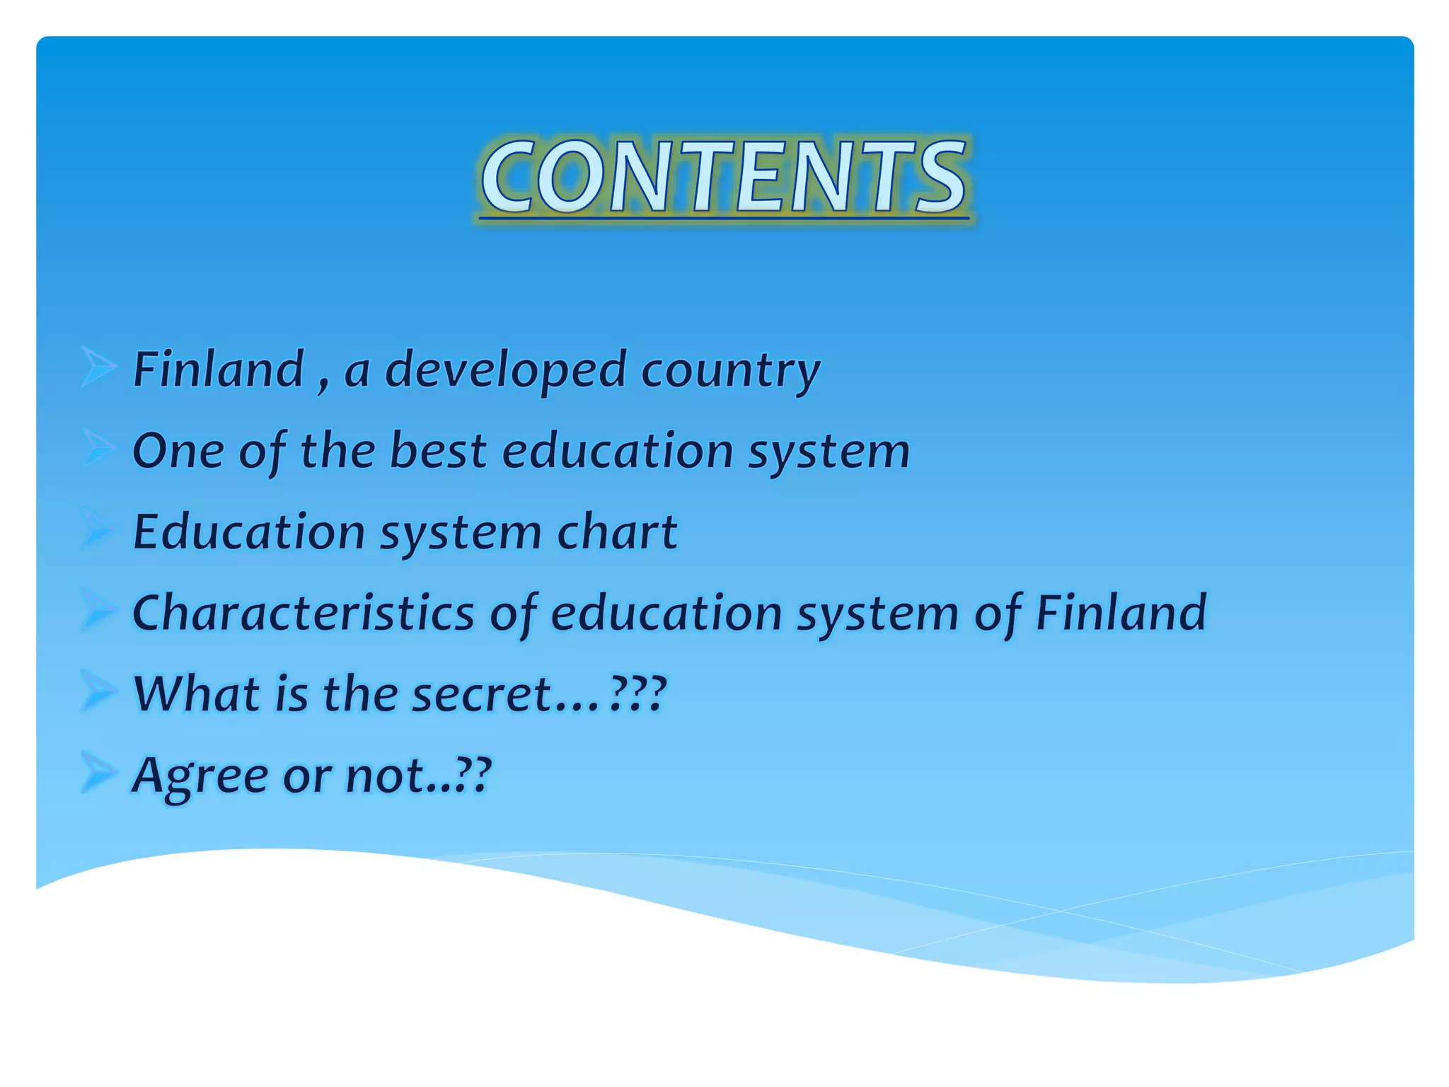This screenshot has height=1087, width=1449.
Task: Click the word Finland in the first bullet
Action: [218, 369]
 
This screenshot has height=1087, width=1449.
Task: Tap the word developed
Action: [505, 371]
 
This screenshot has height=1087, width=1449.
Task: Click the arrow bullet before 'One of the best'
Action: [98, 448]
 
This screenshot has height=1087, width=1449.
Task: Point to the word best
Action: [438, 450]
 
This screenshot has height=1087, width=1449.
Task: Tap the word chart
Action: [617, 532]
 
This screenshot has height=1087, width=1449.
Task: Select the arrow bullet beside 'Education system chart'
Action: [98, 529]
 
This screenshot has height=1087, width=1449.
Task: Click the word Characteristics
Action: [303, 613]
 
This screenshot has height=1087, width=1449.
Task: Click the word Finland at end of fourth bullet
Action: [1121, 613]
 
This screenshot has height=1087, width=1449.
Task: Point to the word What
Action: [197, 694]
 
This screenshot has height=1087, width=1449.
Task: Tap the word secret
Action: [481, 695]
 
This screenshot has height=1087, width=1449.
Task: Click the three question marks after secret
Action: [638, 694]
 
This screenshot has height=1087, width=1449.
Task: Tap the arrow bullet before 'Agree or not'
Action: [98, 773]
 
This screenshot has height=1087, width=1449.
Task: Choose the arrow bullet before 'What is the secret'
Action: [98, 691]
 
